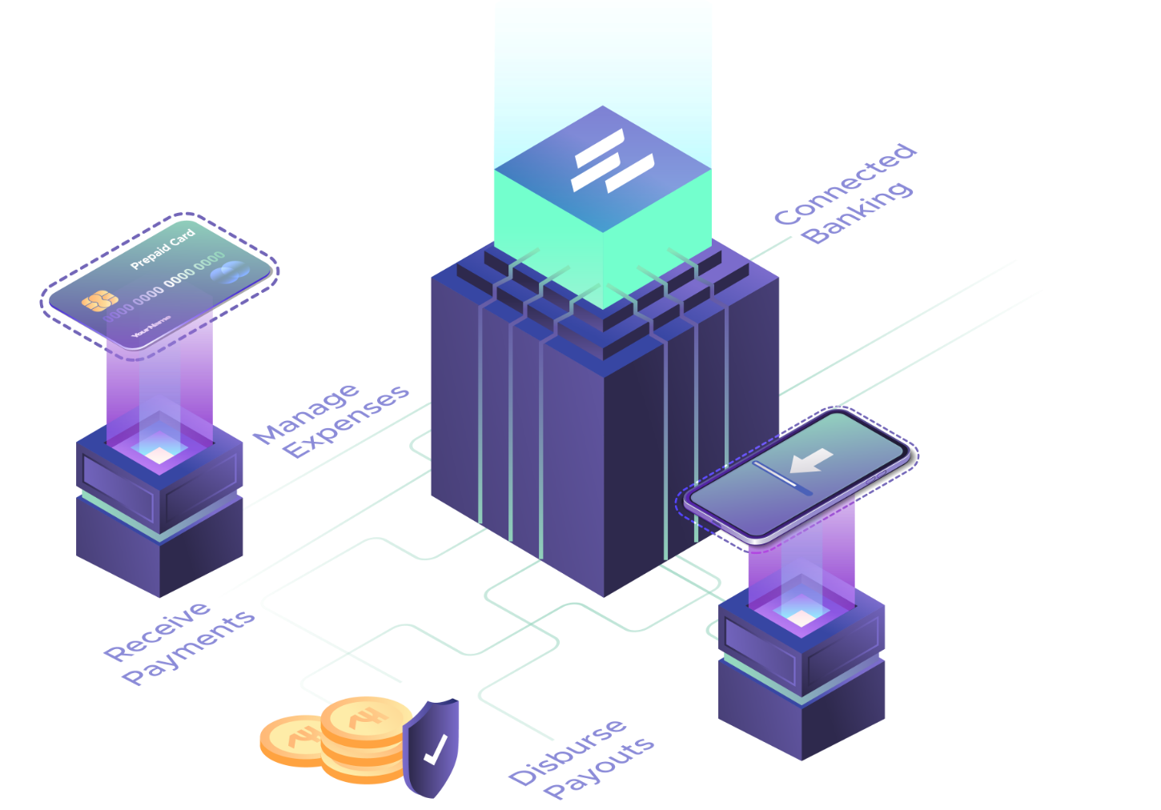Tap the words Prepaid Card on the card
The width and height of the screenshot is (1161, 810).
163,249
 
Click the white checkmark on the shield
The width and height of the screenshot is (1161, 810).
435,749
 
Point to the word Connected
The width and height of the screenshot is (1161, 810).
845,184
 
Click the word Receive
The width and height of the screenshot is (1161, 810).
158,632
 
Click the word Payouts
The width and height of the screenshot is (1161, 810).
599,768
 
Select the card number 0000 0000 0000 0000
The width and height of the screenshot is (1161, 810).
164,285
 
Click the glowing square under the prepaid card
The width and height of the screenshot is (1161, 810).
159,455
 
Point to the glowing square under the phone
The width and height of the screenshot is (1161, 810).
801,617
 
